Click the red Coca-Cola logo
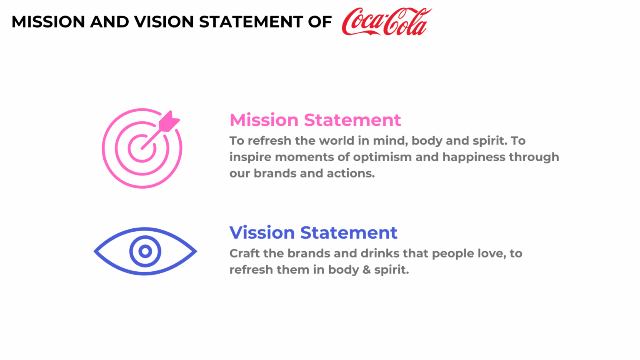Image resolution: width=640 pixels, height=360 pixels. [387, 22]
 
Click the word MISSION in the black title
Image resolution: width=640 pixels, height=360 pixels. [48, 22]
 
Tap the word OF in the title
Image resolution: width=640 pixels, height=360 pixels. [320, 22]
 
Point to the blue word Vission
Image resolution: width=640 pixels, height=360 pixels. [262, 232]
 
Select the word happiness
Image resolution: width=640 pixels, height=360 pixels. [474, 157]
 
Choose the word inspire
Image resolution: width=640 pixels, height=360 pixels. [250, 157]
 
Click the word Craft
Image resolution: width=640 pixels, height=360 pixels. [245, 253]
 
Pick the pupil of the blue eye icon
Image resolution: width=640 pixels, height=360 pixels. [145, 251]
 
